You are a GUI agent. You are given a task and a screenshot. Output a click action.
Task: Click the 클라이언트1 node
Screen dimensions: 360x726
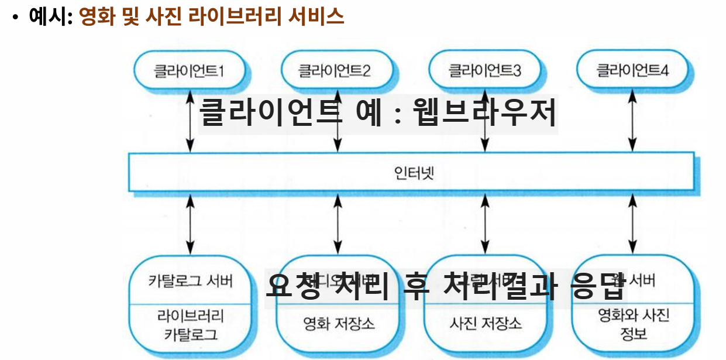point(190,71)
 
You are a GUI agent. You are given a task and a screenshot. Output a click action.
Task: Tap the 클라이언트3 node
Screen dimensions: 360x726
point(484,71)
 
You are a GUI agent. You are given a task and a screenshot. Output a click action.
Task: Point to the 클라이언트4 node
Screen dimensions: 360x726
point(632,71)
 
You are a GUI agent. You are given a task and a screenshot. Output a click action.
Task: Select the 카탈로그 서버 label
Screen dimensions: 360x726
point(191,281)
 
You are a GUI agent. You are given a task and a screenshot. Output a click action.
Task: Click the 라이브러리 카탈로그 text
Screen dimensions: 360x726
point(191,326)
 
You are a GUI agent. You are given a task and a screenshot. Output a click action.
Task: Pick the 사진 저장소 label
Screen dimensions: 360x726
point(486,323)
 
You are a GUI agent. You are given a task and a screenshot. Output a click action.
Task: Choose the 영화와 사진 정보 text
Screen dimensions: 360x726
point(633,325)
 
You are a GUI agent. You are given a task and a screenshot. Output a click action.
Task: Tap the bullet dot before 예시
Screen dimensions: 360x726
point(16,17)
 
